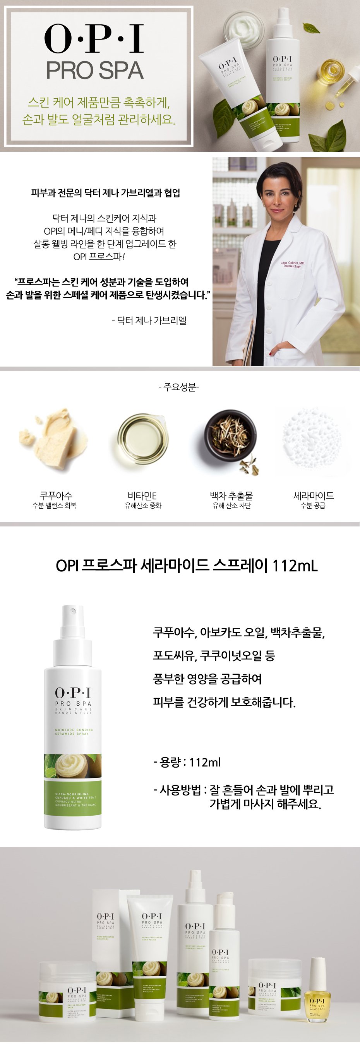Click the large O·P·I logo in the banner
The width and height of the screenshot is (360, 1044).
94,39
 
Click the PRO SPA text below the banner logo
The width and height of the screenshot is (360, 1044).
95,70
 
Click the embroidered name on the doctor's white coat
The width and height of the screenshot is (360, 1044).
292,264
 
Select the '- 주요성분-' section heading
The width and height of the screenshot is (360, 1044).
179,387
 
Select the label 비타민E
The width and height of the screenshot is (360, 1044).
142,495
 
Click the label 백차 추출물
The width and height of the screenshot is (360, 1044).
231,495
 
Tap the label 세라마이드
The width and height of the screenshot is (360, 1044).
314,495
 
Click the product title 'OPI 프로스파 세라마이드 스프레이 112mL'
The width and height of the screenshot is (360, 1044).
187,566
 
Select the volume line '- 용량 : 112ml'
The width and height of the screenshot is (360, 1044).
187,762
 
